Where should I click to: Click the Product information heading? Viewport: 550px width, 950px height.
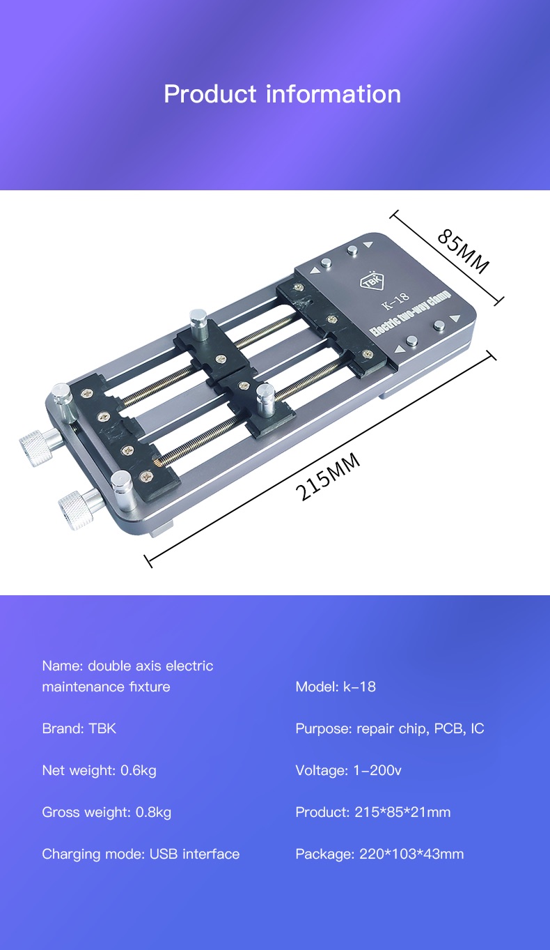click(282, 94)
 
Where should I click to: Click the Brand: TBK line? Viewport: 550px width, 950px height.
click(79, 728)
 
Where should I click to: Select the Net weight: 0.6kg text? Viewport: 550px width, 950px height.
click(99, 770)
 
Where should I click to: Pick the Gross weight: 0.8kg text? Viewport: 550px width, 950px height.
click(107, 812)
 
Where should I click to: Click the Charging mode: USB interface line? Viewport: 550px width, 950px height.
click(141, 854)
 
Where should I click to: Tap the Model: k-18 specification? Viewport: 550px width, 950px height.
click(335, 687)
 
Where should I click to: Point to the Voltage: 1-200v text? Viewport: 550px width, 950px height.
click(348, 770)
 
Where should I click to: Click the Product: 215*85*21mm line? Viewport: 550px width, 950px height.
click(372, 812)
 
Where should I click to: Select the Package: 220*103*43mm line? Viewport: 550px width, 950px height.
click(379, 854)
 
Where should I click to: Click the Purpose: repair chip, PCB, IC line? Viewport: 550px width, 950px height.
click(389, 728)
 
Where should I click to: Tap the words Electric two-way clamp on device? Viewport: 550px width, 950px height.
click(411, 314)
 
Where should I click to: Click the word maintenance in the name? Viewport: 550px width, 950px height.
click(83, 687)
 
